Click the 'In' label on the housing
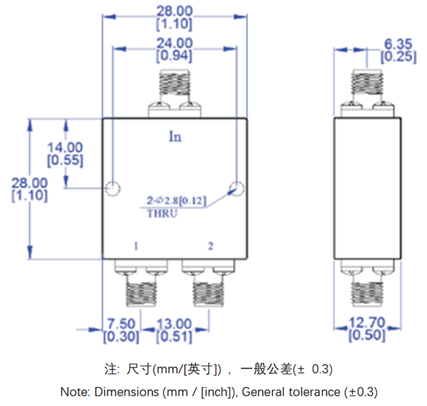[x=175, y=137]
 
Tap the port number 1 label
[x=137, y=246]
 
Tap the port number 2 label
[x=211, y=246]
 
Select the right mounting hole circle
[x=236, y=188]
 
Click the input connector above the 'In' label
[x=175, y=88]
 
